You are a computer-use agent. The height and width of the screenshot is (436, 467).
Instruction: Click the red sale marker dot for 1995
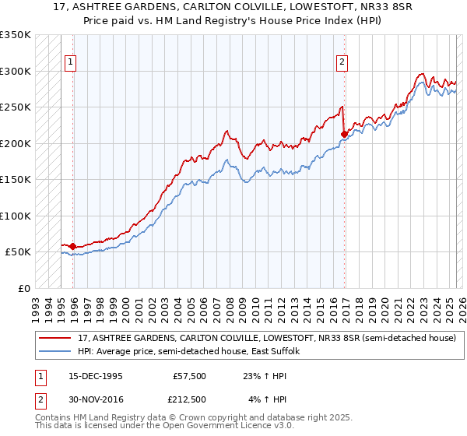72,247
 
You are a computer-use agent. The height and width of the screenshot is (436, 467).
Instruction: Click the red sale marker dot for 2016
343,134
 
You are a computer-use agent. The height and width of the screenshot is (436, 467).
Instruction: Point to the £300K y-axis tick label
15,71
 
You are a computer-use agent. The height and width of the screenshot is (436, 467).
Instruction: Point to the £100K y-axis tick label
15,216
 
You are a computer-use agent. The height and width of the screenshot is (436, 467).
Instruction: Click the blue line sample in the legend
54,352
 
